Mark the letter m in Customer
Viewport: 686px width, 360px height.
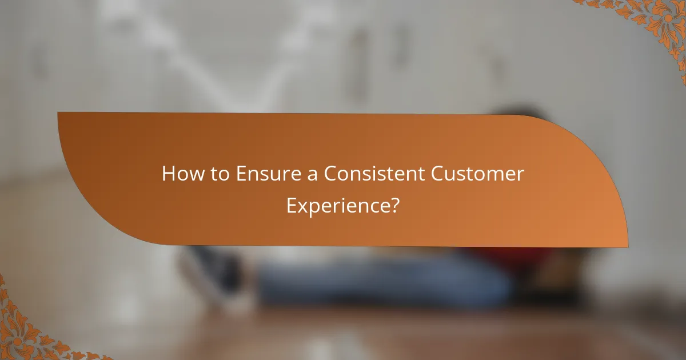pos(494,175)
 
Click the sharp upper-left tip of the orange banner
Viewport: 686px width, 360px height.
pos(58,113)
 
